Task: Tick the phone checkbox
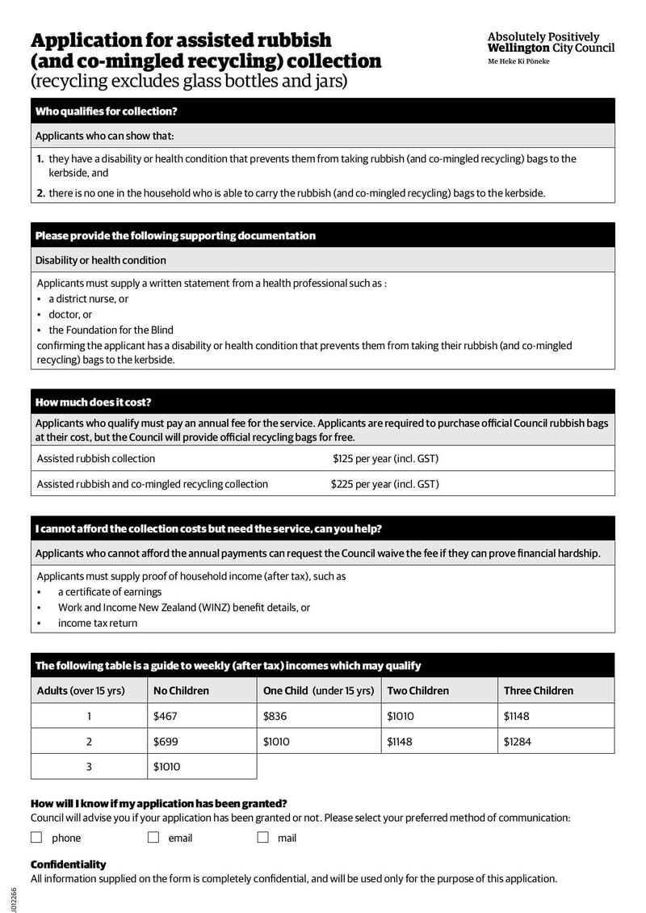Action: tap(36, 838)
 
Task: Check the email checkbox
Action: tap(153, 838)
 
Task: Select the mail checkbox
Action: tap(262, 838)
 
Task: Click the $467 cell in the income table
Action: tap(165, 716)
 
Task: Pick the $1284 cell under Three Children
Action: tap(518, 741)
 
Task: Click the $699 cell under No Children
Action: tap(165, 741)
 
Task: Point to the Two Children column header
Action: tap(417, 691)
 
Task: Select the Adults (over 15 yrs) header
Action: tap(81, 691)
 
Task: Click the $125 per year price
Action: tap(385, 458)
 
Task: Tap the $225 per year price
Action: tap(384, 484)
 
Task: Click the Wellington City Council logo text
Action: tap(550, 43)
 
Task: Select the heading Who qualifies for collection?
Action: tap(107, 111)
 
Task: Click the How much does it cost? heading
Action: tap(94, 402)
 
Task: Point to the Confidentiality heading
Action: tap(68, 865)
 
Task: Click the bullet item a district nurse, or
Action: tap(88, 299)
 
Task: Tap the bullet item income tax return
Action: tap(97, 623)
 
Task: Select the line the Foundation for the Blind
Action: tap(111, 330)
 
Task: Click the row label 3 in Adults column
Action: tap(89, 767)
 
